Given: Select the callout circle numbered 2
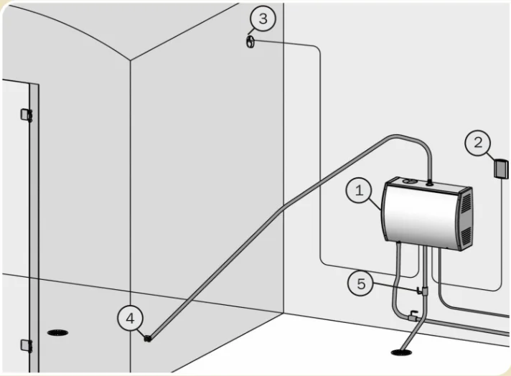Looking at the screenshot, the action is coord(478,143).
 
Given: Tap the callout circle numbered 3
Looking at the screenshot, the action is coord(263,19).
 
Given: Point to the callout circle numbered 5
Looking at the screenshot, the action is coord(361,283).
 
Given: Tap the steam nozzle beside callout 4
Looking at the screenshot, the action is coord(148,337).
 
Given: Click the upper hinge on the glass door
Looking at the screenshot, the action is coord(27,114).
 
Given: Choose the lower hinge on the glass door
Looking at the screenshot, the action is coord(27,345).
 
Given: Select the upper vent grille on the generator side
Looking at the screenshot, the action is coord(465,203).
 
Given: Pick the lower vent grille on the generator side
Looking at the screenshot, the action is coord(464,234).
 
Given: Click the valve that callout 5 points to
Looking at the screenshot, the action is coord(418,291).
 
